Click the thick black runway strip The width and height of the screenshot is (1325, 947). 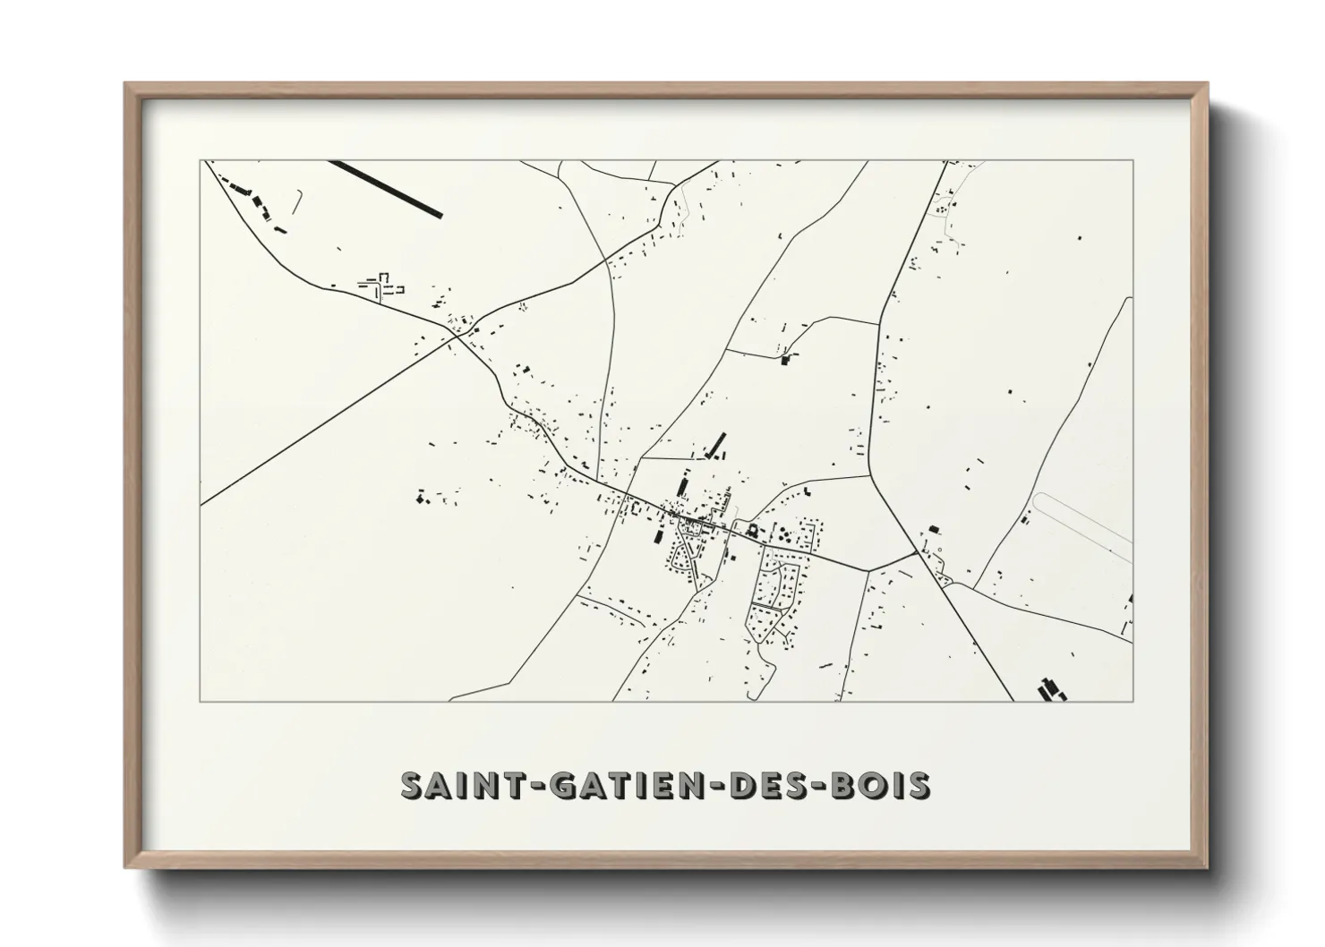click(x=386, y=189)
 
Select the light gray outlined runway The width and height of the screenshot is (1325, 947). click(x=1083, y=529)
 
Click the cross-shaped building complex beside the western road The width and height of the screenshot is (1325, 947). click(x=383, y=286)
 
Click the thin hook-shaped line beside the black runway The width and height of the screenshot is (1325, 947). click(x=297, y=200)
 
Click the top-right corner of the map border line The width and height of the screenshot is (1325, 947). click(x=1133, y=161)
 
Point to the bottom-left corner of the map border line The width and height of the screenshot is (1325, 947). click(x=201, y=701)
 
